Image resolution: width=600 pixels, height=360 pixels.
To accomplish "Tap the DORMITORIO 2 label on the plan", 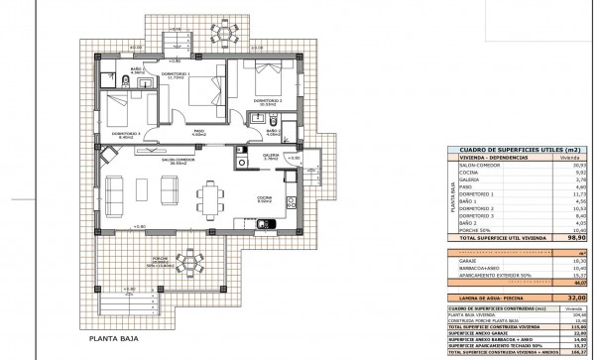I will click(267, 101).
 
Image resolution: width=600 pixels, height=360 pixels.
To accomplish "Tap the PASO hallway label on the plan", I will click(197, 129).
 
